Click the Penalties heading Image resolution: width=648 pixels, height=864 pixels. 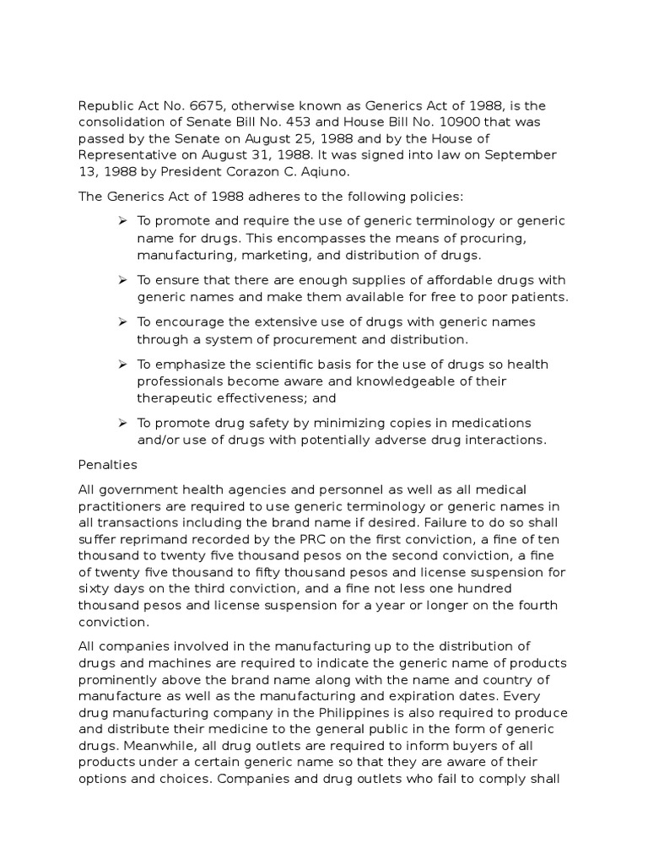point(108,464)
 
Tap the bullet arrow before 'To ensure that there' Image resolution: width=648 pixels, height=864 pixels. point(121,279)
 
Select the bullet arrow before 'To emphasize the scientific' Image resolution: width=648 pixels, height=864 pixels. point(121,364)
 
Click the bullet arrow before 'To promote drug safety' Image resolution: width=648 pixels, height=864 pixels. point(121,422)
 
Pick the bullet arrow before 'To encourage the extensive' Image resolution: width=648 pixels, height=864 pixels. point(121,321)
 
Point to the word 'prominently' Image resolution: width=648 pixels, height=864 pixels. point(121,681)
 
